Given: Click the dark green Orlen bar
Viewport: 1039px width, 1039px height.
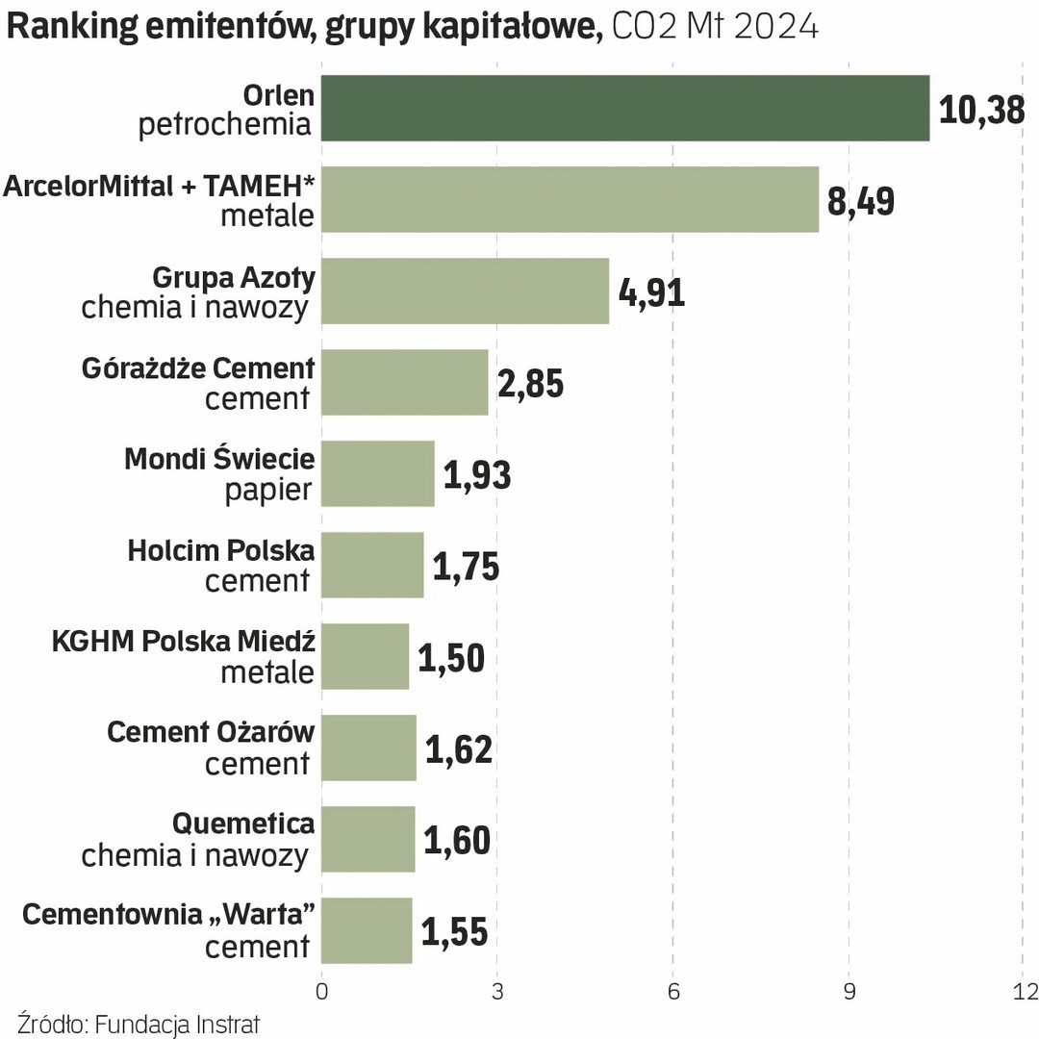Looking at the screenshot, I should pyautogui.click(x=625, y=108).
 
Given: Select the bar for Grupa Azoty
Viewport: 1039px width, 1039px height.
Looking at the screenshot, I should pyautogui.click(x=465, y=291).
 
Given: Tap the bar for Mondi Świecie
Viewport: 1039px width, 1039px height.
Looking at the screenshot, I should pyautogui.click(x=377, y=473).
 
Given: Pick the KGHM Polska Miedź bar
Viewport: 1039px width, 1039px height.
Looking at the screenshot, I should pyautogui.click(x=365, y=656).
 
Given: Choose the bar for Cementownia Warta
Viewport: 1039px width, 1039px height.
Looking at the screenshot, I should pyautogui.click(x=367, y=930).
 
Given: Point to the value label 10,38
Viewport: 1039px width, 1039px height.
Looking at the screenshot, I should pyautogui.click(x=981, y=110).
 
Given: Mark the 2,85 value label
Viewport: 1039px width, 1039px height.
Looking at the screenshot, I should pyautogui.click(x=530, y=384).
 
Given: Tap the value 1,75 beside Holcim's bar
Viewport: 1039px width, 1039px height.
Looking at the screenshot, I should pyautogui.click(x=466, y=567).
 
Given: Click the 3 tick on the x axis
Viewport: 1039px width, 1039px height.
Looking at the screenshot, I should pyautogui.click(x=497, y=992).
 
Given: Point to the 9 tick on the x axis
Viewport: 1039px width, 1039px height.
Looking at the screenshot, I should pyautogui.click(x=849, y=992).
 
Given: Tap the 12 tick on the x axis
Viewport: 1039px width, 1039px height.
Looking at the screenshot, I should pyautogui.click(x=1026, y=992).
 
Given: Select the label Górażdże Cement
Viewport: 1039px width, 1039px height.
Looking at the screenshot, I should pyautogui.click(x=197, y=367).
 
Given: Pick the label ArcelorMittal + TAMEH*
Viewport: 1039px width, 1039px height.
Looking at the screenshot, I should pyautogui.click(x=160, y=186).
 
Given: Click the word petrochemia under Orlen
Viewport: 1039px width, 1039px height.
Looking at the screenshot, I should pyautogui.click(x=226, y=125).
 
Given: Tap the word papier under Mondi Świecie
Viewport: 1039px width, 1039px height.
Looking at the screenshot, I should pyautogui.click(x=268, y=491).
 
